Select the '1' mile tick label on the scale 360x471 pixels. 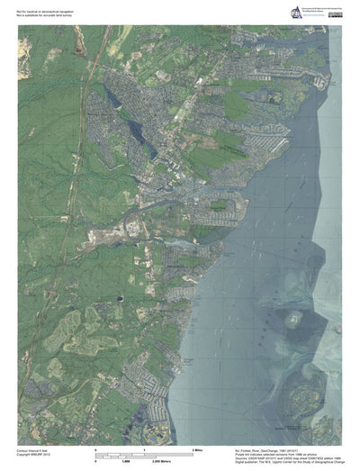[144, 447]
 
